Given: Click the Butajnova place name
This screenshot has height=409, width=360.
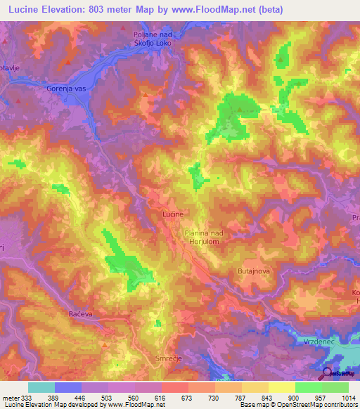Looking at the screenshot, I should (x=255, y=269).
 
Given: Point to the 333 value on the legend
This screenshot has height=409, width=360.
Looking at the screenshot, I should (x=27, y=397).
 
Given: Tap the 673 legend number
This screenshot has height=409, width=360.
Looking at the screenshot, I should (x=186, y=397).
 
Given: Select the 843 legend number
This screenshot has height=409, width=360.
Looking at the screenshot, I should (x=266, y=397).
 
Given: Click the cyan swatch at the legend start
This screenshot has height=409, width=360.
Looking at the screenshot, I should (x=41, y=387).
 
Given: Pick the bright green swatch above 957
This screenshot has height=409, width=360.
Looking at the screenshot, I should (x=308, y=387).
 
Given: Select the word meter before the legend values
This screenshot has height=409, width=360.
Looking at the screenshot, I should (x=10, y=397).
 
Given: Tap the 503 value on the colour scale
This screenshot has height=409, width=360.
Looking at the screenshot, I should (x=106, y=397).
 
